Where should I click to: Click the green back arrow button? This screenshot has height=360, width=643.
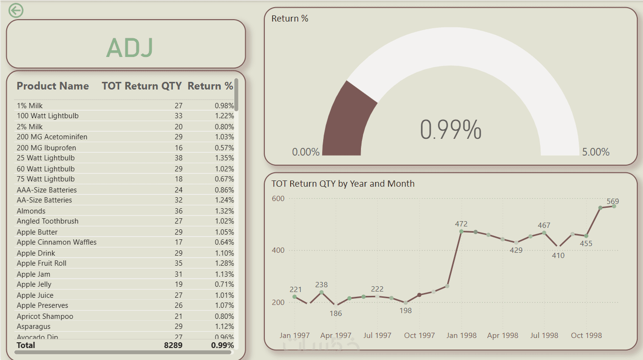(x=16, y=10)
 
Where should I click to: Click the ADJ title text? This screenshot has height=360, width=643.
(x=130, y=47)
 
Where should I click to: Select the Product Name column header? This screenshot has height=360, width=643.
(x=53, y=86)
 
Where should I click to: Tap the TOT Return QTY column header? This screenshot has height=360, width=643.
(x=142, y=86)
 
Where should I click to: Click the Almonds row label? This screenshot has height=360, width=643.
(x=31, y=211)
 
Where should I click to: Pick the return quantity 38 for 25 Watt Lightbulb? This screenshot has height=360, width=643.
(x=178, y=158)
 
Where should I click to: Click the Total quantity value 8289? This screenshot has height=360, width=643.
(x=173, y=345)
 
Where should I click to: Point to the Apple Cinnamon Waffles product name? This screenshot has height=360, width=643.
(x=56, y=242)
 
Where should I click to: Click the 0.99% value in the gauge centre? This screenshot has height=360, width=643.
(x=451, y=130)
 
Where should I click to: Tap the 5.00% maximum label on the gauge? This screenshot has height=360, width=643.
(x=596, y=152)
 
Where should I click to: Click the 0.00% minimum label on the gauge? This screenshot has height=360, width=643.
(x=305, y=152)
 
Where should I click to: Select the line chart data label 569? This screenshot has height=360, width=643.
(x=613, y=202)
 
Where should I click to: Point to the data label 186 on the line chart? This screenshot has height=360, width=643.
(x=336, y=314)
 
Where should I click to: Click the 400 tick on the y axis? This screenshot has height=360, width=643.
(x=278, y=250)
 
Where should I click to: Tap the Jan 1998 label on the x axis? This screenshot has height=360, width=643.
(x=461, y=336)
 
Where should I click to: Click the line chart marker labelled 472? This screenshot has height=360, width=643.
(x=461, y=232)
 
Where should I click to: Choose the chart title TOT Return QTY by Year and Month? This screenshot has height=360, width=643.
(x=343, y=184)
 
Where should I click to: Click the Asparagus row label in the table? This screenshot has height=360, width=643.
(x=34, y=326)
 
